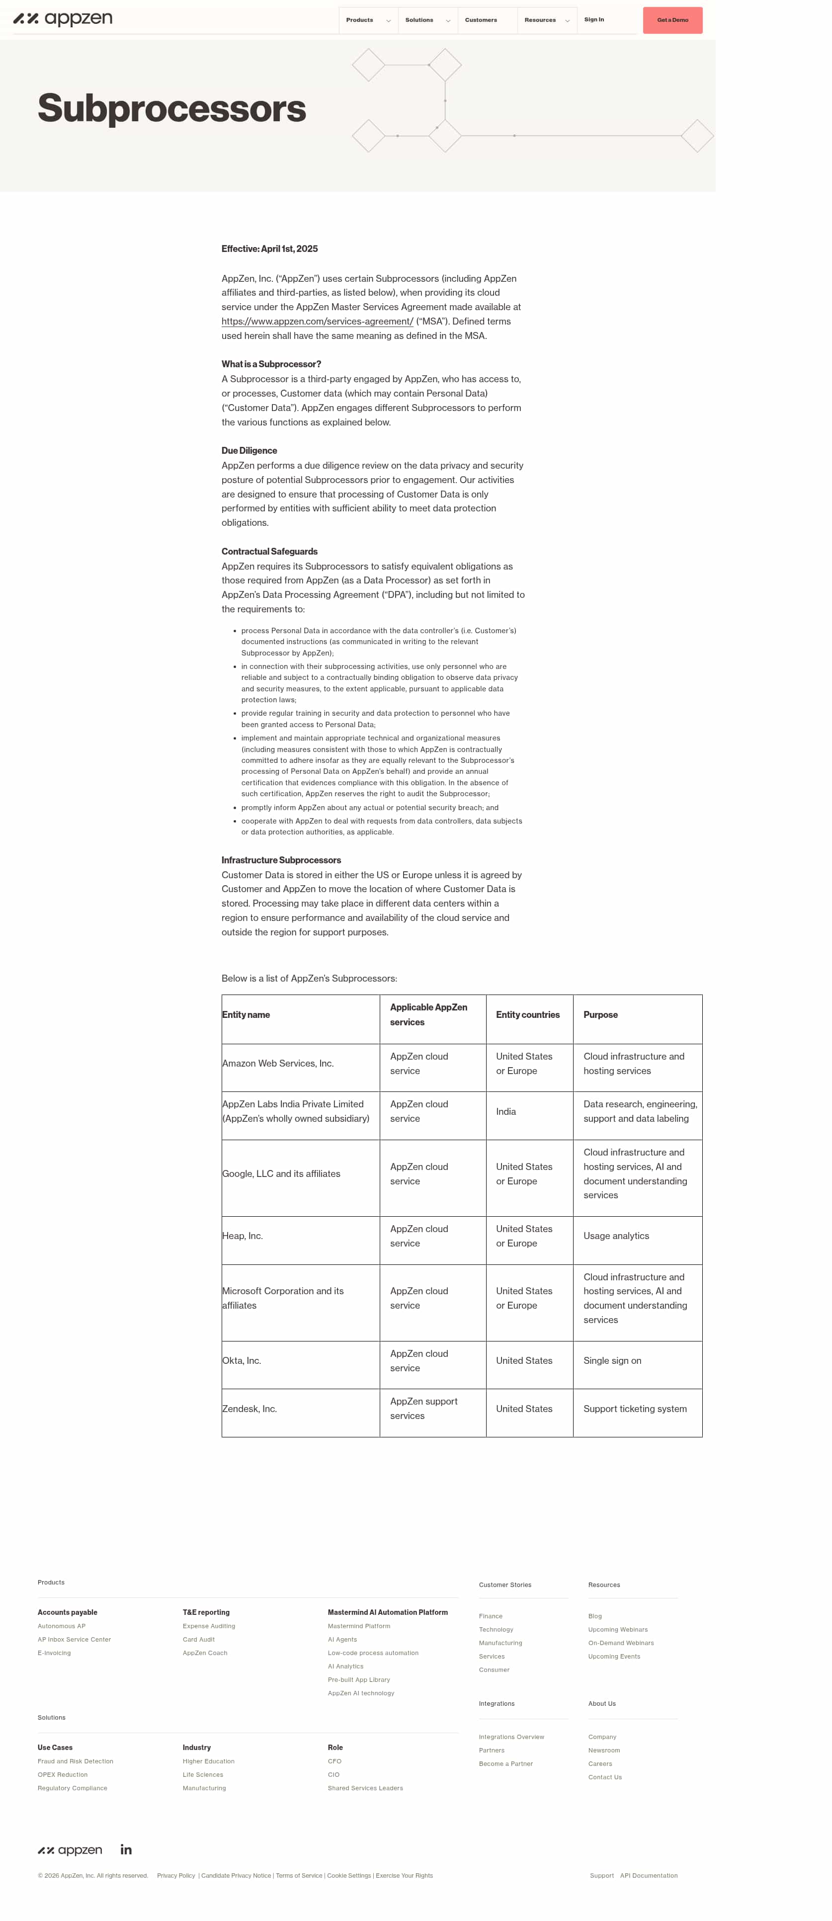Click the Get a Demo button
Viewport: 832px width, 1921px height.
click(x=672, y=20)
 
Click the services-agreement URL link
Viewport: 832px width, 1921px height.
click(x=317, y=322)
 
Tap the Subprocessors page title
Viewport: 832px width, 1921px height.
click(x=171, y=108)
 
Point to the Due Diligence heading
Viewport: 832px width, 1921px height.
click(x=249, y=450)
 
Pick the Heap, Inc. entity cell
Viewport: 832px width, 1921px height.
click(x=243, y=1236)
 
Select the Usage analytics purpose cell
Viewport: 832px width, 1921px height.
click(x=616, y=1236)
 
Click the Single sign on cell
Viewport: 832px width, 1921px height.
click(x=612, y=1360)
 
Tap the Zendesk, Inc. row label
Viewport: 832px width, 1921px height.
click(x=249, y=1409)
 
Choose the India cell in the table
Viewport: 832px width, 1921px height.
click(x=505, y=1111)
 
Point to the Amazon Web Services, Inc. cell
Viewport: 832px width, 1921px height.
click(x=277, y=1064)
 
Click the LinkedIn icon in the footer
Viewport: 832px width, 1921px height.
click(x=126, y=1849)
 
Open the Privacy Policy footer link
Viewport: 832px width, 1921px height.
click(x=176, y=1875)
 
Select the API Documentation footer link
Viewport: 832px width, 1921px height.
click(x=649, y=1875)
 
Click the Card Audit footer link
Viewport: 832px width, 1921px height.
click(x=198, y=1639)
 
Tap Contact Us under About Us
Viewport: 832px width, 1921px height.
click(x=604, y=1777)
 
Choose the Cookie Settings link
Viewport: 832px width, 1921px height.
click(x=348, y=1875)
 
